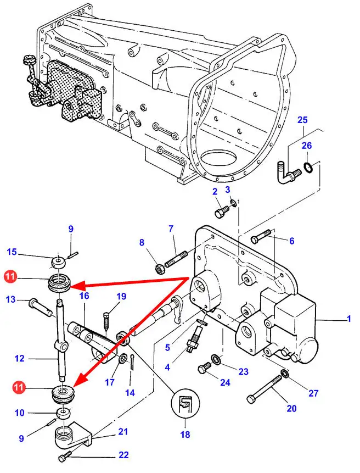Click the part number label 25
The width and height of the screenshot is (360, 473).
click(303, 120)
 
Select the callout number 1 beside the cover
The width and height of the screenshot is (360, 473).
click(350, 319)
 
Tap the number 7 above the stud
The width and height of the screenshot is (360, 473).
click(171, 228)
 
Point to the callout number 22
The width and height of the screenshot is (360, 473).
click(123, 455)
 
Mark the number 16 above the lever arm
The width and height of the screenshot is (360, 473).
click(84, 296)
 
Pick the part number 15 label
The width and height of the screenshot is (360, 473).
click(12, 252)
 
